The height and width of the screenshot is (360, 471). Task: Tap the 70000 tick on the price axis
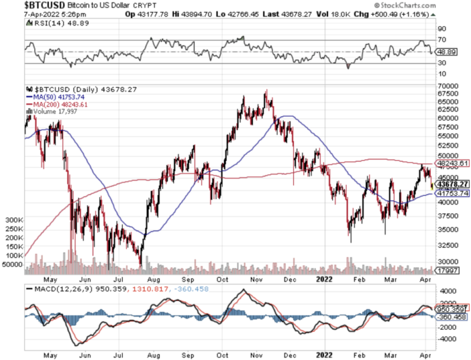pyautogui.click(x=446, y=87)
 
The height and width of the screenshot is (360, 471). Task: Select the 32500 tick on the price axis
pyautogui.click(x=446, y=245)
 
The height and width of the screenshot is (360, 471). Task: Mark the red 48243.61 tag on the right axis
pyautogui.click(x=452, y=164)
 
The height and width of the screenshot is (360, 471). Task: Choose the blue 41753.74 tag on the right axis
pyautogui.click(x=452, y=194)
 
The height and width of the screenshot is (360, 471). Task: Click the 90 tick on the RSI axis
pyautogui.click(x=442, y=29)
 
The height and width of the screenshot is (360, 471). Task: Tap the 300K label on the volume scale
pyautogui.click(x=15, y=220)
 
